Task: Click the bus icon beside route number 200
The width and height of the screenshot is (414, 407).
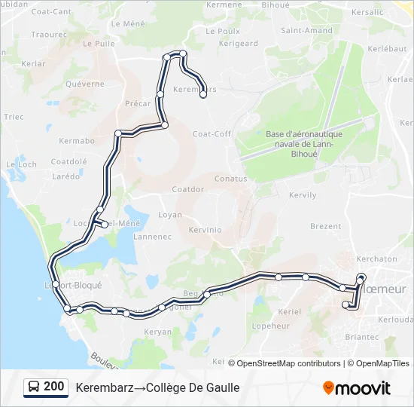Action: (x=34, y=387)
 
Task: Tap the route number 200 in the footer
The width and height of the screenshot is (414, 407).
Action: (x=54, y=387)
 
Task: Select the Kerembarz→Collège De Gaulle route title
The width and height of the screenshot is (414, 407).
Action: (x=157, y=387)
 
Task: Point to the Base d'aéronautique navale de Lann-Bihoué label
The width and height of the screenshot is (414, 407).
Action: (x=304, y=144)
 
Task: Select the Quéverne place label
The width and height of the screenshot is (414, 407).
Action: (x=85, y=84)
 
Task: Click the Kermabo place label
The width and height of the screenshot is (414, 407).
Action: (x=77, y=141)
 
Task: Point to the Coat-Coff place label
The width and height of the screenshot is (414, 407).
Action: (x=212, y=133)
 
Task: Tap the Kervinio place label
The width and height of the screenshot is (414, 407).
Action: (x=205, y=229)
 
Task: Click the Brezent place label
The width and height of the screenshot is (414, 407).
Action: (x=326, y=226)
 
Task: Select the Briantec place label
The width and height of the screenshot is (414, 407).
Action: (x=362, y=338)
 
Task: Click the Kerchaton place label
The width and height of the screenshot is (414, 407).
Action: (x=376, y=259)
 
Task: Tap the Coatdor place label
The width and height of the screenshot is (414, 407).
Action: (x=188, y=189)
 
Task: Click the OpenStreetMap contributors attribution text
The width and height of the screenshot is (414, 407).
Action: (x=289, y=363)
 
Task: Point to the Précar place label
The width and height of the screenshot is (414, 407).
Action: (x=138, y=104)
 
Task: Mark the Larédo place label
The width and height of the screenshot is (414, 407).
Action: (x=66, y=176)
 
